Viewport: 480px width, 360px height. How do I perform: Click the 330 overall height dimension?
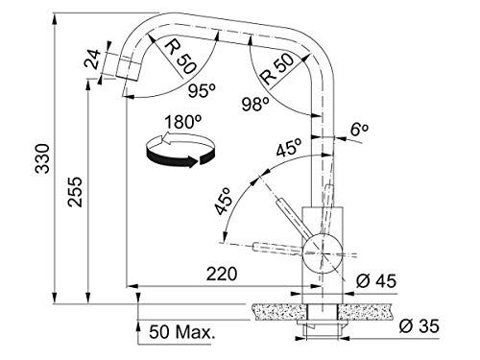click(42, 158)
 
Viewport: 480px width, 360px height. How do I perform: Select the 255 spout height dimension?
click(76, 192)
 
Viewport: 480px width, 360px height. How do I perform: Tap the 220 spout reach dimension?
click(222, 274)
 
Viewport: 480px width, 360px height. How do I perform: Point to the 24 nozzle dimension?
click(94, 60)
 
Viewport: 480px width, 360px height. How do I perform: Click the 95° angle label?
click(202, 91)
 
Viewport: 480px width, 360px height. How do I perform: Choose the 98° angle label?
click(255, 104)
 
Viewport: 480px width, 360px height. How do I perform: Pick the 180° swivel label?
click(183, 122)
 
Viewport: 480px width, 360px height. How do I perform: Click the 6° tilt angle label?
click(359, 130)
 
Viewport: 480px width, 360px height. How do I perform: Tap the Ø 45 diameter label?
click(376, 280)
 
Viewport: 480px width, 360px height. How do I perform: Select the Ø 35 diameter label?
click(420, 326)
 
